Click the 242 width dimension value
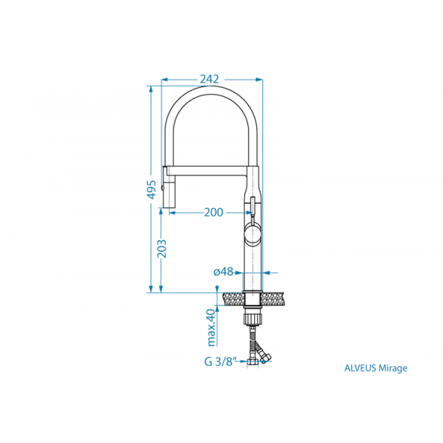[209, 79]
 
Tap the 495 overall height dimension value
[152, 190]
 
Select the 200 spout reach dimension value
[213, 212]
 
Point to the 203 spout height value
[162, 249]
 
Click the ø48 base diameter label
[224, 272]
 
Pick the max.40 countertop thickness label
[211, 328]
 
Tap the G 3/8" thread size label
[221, 362]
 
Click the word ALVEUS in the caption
[360, 368]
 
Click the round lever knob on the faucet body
[253, 234]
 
